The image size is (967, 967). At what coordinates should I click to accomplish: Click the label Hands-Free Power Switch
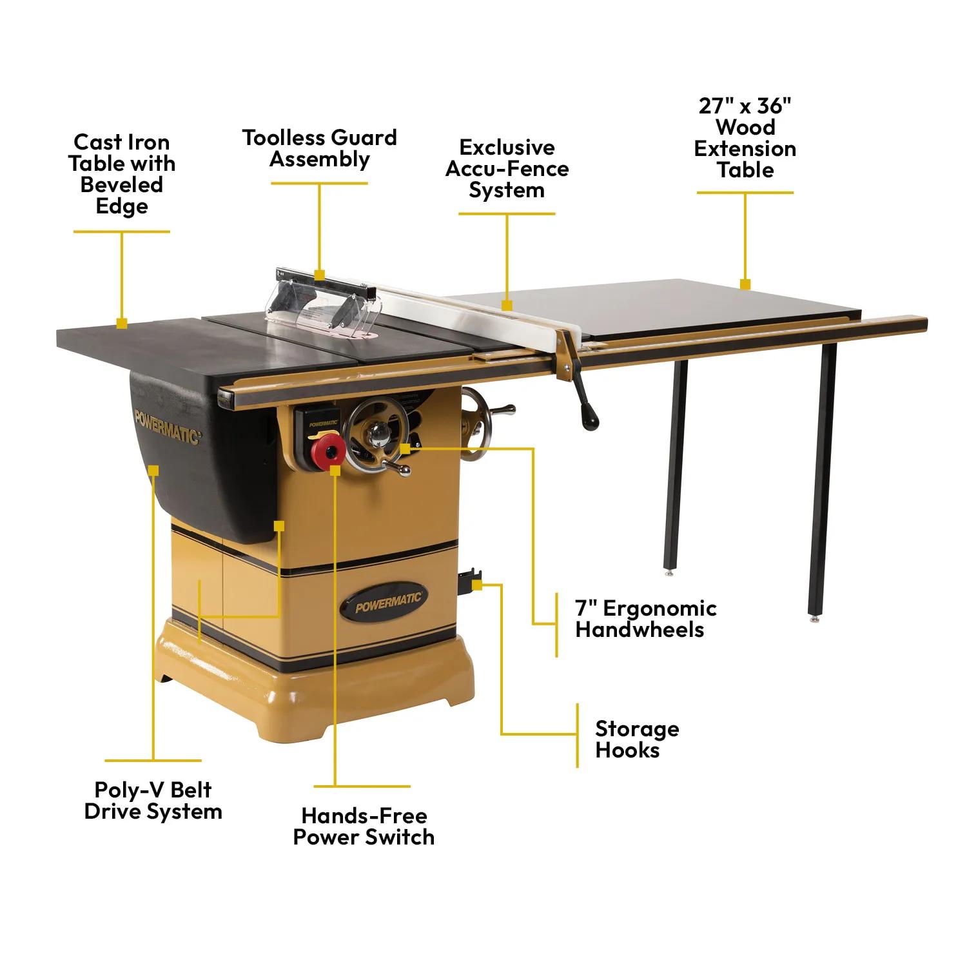pyautogui.click(x=364, y=826)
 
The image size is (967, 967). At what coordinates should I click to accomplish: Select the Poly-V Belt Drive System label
pyautogui.click(x=153, y=801)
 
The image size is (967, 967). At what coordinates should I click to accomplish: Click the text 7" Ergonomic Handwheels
pyautogui.click(x=645, y=618)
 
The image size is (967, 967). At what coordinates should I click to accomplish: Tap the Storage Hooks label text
pyautogui.click(x=636, y=739)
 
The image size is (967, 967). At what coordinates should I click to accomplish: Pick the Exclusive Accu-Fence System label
pyautogui.click(x=507, y=169)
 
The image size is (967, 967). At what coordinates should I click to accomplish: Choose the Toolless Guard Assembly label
pyautogui.click(x=320, y=148)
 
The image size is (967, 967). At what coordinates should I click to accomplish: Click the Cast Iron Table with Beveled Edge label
pyautogui.click(x=122, y=174)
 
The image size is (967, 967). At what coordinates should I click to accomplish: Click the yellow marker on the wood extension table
pyautogui.click(x=745, y=284)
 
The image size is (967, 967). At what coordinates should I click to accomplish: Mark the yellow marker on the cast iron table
pyautogui.click(x=121, y=323)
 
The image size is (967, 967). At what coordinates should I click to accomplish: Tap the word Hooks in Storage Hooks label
pyautogui.click(x=627, y=750)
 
